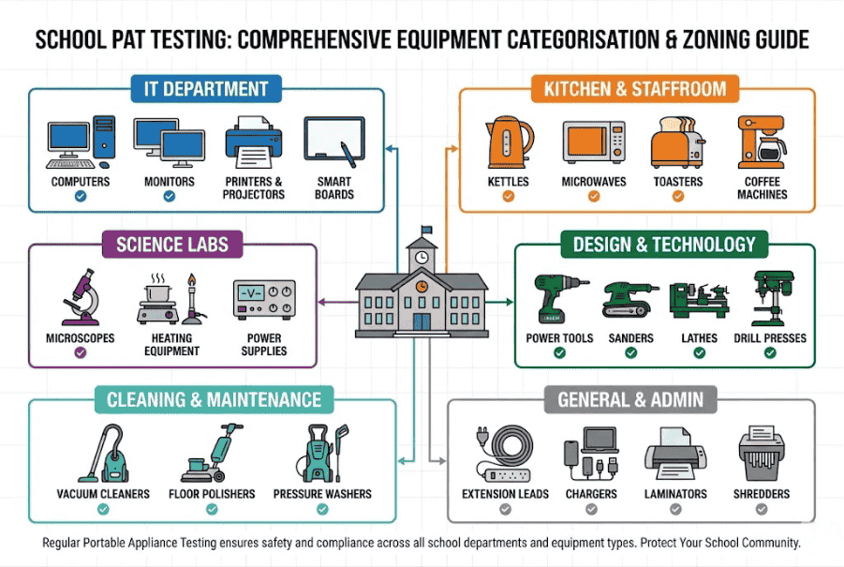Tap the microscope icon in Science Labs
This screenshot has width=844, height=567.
pyautogui.click(x=79, y=297)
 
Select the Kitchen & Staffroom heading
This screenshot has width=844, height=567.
pyautogui.click(x=635, y=90)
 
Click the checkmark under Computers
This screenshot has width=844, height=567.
pyautogui.click(x=81, y=197)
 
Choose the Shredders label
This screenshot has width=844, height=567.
pyautogui.click(x=762, y=494)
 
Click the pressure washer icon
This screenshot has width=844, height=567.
pyautogui.click(x=322, y=454)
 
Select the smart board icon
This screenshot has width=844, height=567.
pyautogui.click(x=334, y=141)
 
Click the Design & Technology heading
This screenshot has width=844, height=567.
pyautogui.click(x=664, y=246)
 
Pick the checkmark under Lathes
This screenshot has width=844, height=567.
pyautogui.click(x=699, y=353)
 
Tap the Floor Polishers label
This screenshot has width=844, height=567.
pyautogui.click(x=212, y=494)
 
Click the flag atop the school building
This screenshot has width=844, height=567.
pyautogui.click(x=427, y=229)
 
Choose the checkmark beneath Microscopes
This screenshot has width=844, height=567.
pyautogui.click(x=80, y=352)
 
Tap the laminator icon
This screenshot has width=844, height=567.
pyautogui.click(x=675, y=454)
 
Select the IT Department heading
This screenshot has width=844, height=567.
pyautogui.click(x=206, y=90)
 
